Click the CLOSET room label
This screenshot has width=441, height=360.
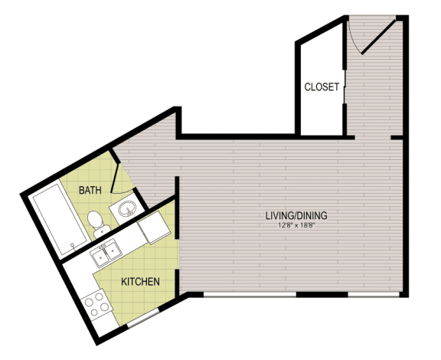322,87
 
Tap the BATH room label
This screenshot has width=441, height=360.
90,190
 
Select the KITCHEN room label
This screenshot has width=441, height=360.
140,281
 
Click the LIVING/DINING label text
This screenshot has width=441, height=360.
296,215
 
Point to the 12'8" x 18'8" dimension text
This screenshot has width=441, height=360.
296,225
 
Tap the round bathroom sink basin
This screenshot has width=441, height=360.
127,209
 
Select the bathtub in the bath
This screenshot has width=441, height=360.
60,219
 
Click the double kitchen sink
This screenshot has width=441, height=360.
106,253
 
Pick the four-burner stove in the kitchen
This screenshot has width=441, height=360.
96,306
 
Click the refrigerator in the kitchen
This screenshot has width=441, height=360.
154,227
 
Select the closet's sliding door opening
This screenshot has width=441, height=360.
344,87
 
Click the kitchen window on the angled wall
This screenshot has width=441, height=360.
143,318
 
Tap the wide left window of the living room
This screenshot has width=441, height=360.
250,294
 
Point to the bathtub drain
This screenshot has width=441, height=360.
73,245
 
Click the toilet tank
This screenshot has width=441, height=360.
102,233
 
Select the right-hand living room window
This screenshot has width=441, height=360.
374,294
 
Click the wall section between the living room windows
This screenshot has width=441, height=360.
322,294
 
